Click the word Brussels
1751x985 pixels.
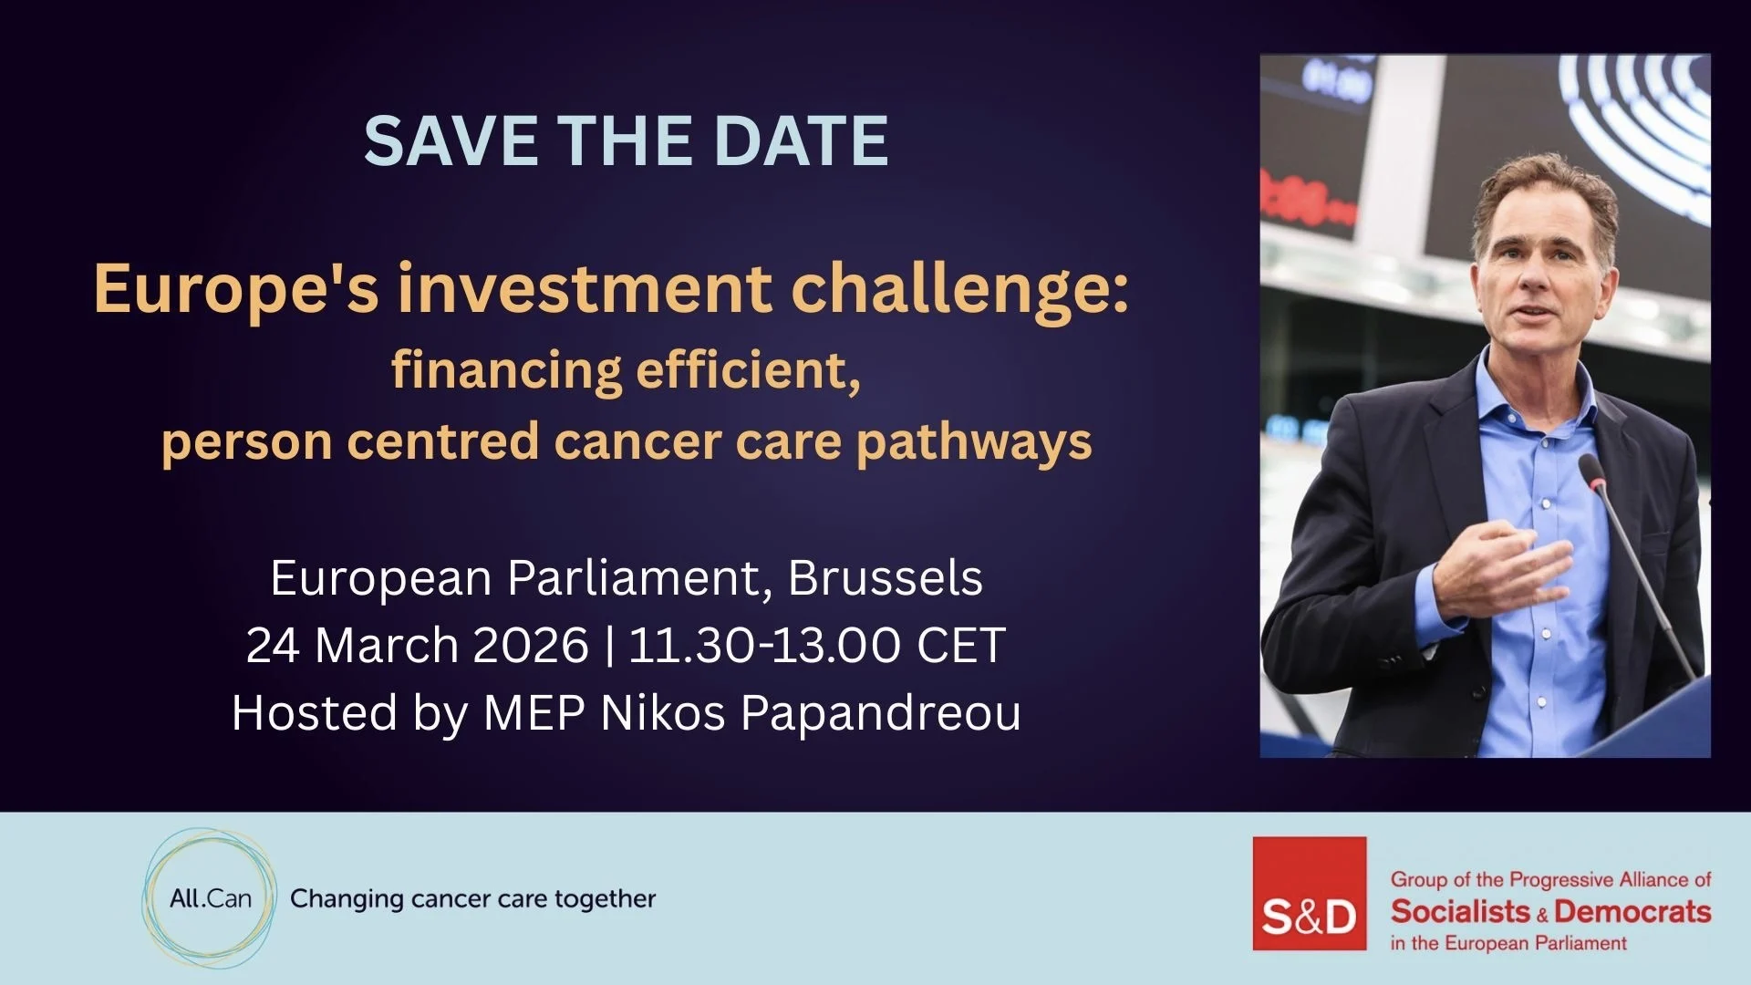pos(886,577)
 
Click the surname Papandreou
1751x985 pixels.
pos(880,713)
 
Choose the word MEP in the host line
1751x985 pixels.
pos(534,713)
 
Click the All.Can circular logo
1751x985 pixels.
pos(209,898)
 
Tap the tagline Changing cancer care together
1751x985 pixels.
pos(472,899)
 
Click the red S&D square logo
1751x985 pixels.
pos(1310,894)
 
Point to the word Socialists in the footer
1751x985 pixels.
pos(1460,911)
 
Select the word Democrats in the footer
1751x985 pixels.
pos(1632,911)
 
